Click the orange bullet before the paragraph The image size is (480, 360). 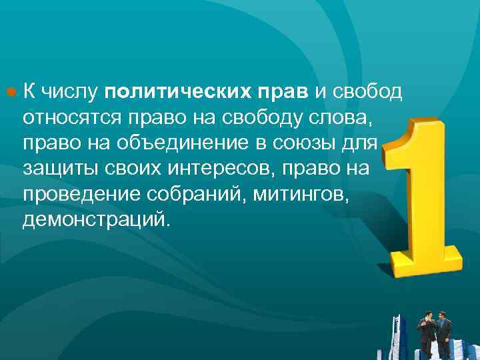[11, 91]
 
